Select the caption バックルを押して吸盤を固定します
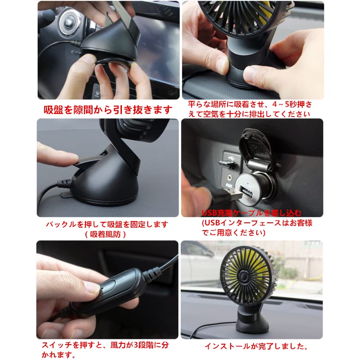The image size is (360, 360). tap(107, 224)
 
